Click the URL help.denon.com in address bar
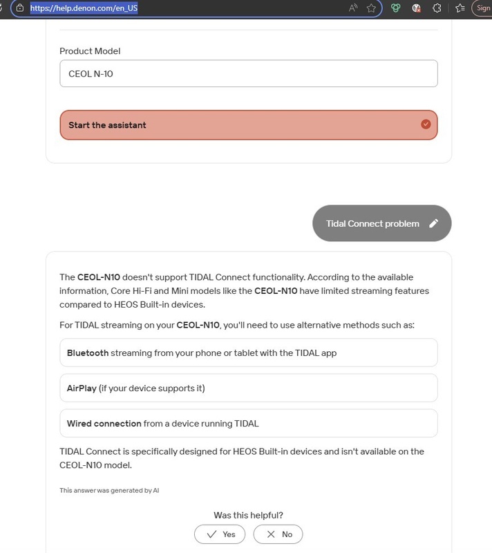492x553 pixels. pos(84,8)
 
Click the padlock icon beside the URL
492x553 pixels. pos(20,8)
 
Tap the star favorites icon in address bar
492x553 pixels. pos(372,8)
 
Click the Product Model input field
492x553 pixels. pos(248,73)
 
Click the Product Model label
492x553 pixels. pos(90,51)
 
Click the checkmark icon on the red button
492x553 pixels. pos(426,124)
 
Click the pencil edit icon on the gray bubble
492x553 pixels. pos(433,223)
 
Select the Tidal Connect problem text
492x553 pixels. pos(372,223)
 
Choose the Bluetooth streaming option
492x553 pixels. pos(248,353)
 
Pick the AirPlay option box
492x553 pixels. pos(248,388)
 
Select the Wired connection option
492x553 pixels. pos(248,423)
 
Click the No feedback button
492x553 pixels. pos(278,534)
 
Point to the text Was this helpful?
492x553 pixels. pos(248,515)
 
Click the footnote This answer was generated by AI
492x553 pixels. pos(109,490)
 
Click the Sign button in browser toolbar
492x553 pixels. pos(483,8)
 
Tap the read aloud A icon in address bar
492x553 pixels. pos(353,8)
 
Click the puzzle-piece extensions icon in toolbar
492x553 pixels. pos(437,8)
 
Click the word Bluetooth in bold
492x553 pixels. pos(88,353)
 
